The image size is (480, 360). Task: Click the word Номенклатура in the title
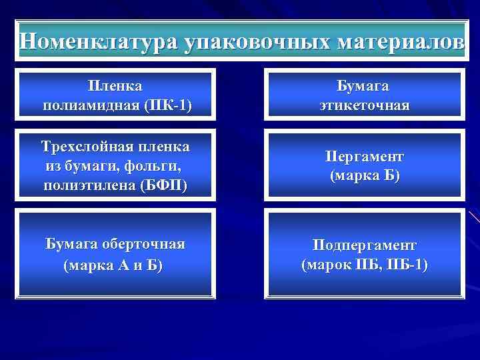pyautogui.click(x=97, y=42)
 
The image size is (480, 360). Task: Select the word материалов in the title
pyautogui.click(x=401, y=42)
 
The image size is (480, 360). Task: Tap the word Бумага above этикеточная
pyautogui.click(x=363, y=86)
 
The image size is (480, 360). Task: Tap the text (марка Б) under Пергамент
pyautogui.click(x=364, y=175)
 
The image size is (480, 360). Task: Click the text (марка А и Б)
pyautogui.click(x=113, y=265)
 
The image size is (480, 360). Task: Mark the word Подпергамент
pyautogui.click(x=364, y=245)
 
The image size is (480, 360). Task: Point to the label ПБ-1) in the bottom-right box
pyautogui.click(x=409, y=265)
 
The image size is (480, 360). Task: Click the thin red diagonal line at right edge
pyautogui.click(x=474, y=216)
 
